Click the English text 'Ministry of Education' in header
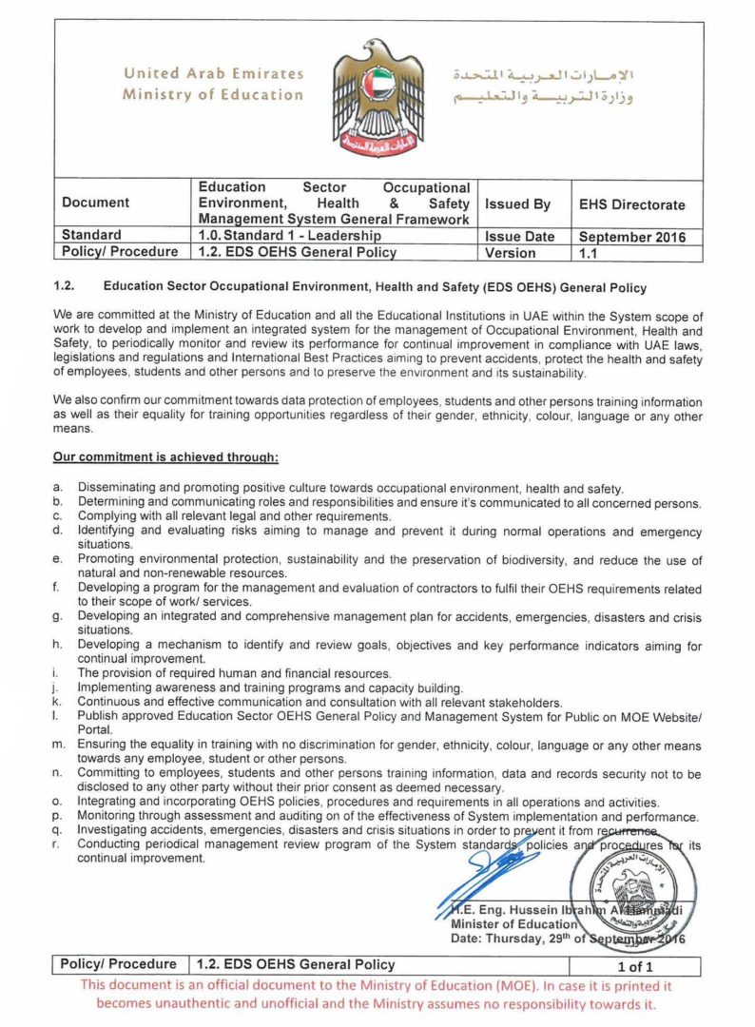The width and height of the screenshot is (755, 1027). coord(213,94)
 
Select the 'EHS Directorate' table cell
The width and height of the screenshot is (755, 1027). coord(631,204)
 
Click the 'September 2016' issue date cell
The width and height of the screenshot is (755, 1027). coord(632,237)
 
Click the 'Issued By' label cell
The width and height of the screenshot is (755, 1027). coord(517,204)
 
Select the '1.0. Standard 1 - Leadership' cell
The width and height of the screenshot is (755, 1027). coord(289,236)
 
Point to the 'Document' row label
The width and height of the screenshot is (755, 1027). coord(96,203)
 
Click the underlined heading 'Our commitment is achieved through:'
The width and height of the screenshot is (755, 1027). coord(165,458)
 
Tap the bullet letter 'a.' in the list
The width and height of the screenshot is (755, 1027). coord(58,487)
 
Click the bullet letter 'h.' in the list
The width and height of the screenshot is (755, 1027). coord(58,646)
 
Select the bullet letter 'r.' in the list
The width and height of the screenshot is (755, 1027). coord(58,844)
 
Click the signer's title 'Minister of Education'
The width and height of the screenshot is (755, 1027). coord(513,923)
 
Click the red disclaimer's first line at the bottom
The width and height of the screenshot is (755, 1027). coord(377,986)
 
